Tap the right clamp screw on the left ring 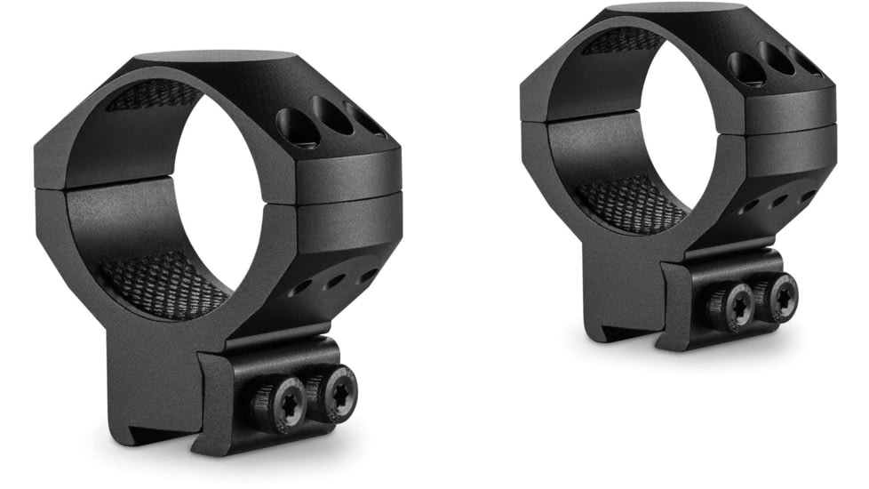[339, 392]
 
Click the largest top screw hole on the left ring [297, 127]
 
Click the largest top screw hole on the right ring [743, 67]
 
